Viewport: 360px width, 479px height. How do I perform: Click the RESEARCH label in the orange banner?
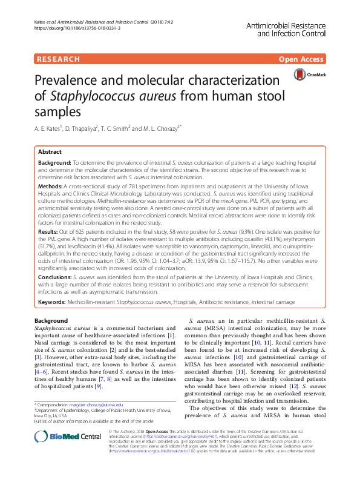(58, 59)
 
